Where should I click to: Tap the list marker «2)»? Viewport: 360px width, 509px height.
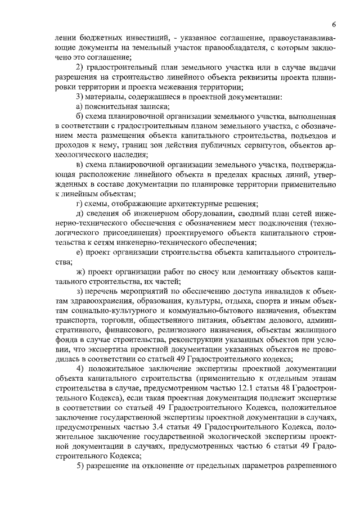80,67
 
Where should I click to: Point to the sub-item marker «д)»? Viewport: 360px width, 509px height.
80,214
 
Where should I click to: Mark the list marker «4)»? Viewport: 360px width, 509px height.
80,368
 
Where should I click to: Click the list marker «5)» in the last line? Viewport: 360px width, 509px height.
80,466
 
